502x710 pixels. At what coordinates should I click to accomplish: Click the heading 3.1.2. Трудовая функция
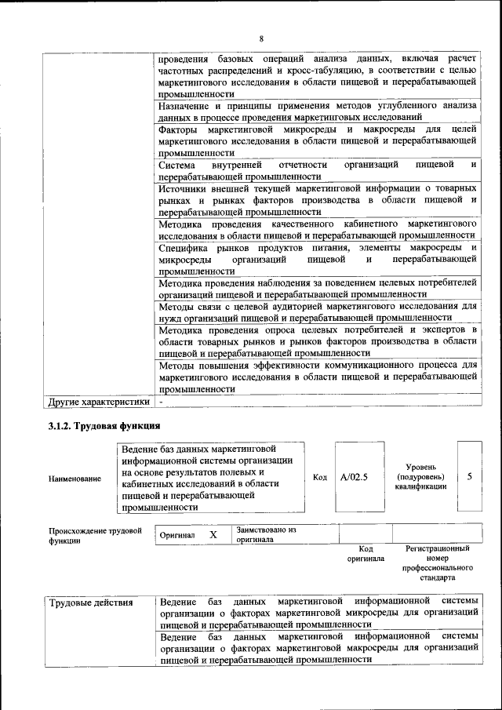100,426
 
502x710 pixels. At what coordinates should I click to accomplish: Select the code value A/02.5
354,476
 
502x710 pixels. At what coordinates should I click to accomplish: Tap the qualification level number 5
469,475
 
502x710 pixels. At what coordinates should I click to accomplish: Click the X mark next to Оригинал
213,534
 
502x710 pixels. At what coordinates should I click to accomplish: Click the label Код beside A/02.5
319,477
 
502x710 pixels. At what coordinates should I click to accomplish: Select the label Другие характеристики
98,402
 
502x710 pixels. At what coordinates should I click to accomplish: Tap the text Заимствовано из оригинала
265,535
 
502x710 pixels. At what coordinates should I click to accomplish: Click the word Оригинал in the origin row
176,535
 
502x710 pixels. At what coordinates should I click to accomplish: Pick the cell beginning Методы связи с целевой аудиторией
317,311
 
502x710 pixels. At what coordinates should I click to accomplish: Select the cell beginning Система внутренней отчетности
317,170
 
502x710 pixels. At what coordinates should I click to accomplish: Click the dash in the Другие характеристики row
161,402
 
